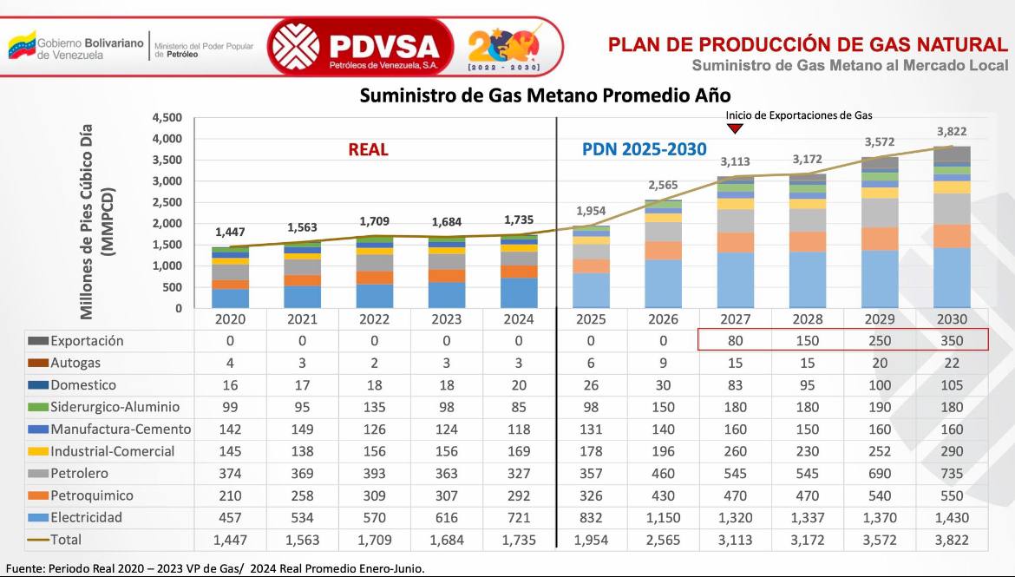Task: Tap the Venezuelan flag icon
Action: click(x=22, y=46)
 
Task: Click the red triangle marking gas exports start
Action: click(x=735, y=129)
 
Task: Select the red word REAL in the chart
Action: click(x=368, y=149)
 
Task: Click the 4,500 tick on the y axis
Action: click(x=167, y=118)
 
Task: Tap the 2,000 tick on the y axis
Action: click(x=167, y=224)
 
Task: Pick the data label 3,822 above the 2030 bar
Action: click(x=950, y=132)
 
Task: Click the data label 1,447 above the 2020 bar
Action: click(x=230, y=233)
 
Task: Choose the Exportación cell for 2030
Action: click(x=951, y=341)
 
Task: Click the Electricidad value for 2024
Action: click(x=520, y=518)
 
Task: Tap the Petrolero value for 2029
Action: click(x=879, y=474)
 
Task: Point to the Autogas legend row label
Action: click(x=75, y=364)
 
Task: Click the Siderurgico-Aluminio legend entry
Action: click(x=115, y=407)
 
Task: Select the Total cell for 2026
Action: click(x=662, y=540)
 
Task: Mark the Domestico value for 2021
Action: click(x=302, y=385)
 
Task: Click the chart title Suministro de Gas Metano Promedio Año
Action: click(x=545, y=95)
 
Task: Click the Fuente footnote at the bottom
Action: click(x=215, y=568)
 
